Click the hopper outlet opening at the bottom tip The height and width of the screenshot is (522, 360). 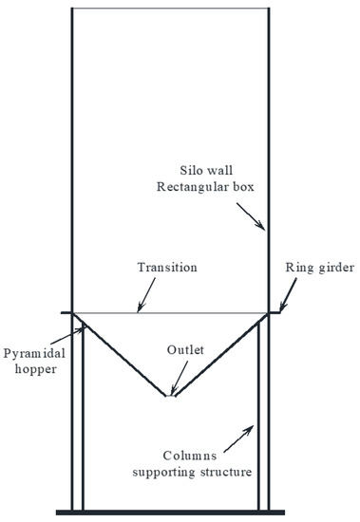click(x=169, y=396)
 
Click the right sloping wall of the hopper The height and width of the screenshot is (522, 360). click(x=217, y=356)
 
